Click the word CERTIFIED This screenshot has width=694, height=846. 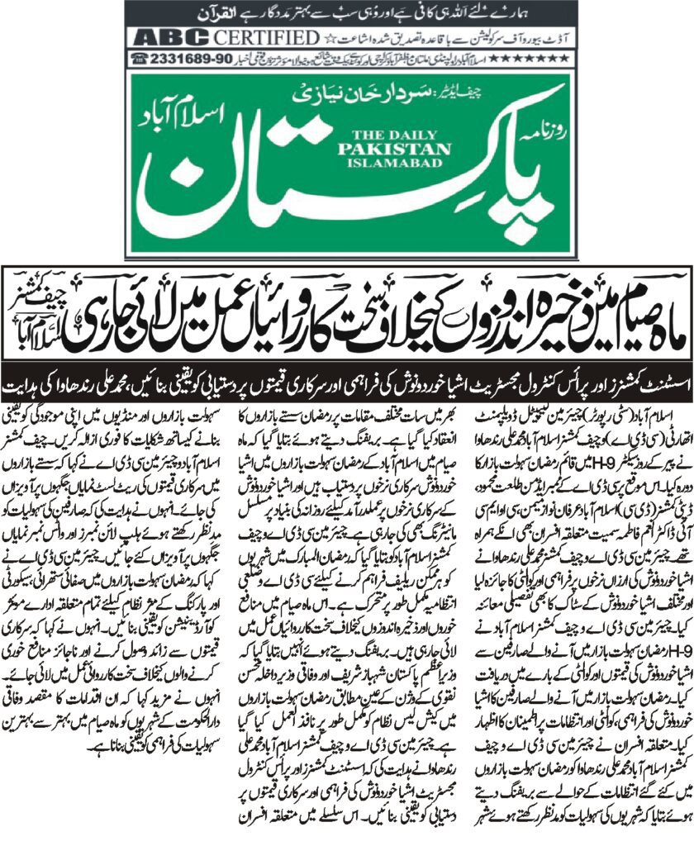point(265,38)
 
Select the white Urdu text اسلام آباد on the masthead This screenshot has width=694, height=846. point(503,124)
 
